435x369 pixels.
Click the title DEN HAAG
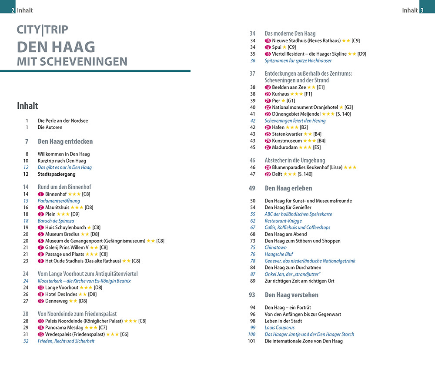(56, 47)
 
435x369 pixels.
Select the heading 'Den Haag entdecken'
(65, 141)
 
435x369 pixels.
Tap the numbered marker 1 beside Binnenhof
(40, 194)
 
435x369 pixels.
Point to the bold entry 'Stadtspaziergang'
(57, 174)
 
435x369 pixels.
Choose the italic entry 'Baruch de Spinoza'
(56, 221)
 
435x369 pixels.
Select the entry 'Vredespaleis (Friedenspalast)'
(75, 334)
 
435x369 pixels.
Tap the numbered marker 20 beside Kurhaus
(268, 94)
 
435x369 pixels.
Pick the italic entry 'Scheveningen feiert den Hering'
(295, 121)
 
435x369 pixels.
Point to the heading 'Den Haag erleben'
(288, 188)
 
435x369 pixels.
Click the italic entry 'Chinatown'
(276, 248)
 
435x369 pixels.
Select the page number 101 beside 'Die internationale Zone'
(251, 341)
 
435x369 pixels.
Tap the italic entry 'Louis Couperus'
(279, 328)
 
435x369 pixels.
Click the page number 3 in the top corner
(422, 10)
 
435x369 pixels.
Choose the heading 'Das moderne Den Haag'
(290, 34)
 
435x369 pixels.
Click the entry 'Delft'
(277, 174)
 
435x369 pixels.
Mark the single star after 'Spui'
(284, 47)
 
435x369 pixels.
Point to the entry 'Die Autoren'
(50, 127)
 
